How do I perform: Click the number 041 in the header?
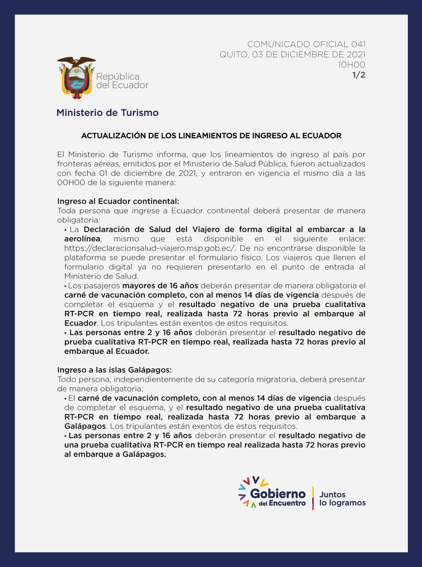coord(358,44)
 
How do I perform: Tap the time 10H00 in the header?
coord(351,65)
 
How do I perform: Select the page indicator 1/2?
coord(359,75)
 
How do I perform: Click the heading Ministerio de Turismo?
coord(107,113)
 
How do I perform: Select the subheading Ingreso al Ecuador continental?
coord(118,201)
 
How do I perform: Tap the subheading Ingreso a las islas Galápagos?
coord(115,370)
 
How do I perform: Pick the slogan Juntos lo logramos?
coord(342,499)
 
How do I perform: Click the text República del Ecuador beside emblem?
coord(122,81)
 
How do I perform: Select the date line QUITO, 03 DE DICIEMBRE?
coord(292,55)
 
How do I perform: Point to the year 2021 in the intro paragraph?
coord(187,173)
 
